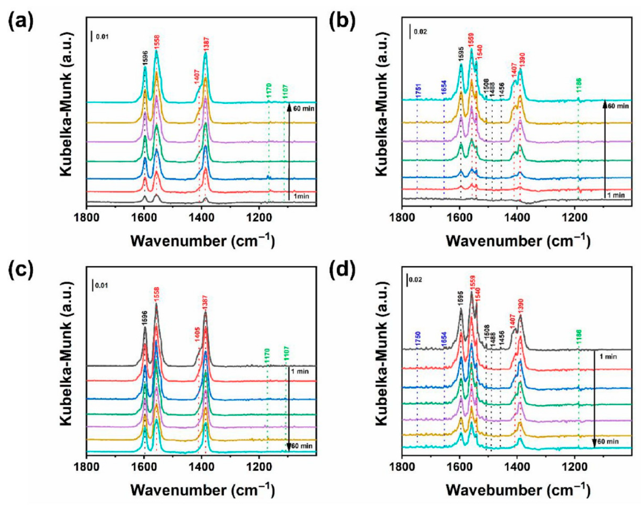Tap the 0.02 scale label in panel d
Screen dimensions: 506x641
pos(416,279)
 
